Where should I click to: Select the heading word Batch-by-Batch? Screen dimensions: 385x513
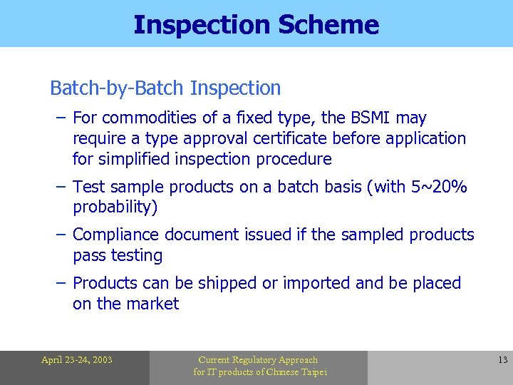point(118,88)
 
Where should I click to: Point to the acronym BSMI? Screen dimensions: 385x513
point(370,118)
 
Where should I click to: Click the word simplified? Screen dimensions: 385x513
point(139,159)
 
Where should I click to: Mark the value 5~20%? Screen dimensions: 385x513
point(439,187)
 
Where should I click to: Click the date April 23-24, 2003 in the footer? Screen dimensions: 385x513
point(76,360)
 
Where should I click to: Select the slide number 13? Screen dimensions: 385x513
point(502,360)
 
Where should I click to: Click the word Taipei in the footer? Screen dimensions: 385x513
point(311,372)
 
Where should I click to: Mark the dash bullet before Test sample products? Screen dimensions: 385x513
point(61,187)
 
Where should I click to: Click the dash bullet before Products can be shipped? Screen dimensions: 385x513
point(61,283)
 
